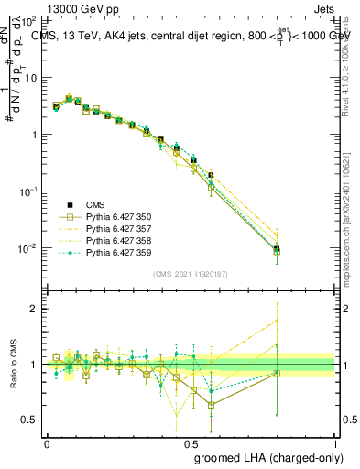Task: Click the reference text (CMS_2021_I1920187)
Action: click(191, 272)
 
